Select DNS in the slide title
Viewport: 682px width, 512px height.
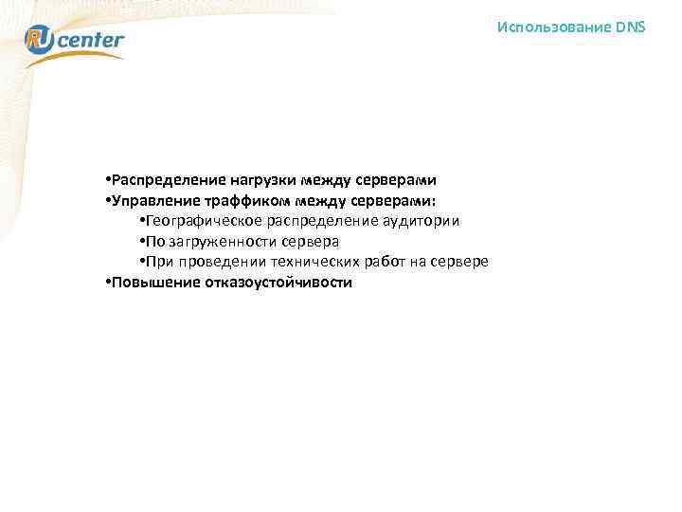point(630,27)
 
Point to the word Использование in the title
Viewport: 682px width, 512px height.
point(554,27)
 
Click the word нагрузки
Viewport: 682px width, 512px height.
point(260,179)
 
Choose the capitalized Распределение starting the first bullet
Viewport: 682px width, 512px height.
point(169,179)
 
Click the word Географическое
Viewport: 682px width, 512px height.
point(203,221)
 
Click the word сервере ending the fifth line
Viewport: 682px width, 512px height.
point(458,263)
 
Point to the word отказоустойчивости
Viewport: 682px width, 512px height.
point(277,283)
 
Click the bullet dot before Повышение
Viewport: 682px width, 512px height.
point(110,283)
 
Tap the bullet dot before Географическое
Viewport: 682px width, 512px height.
point(141,221)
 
